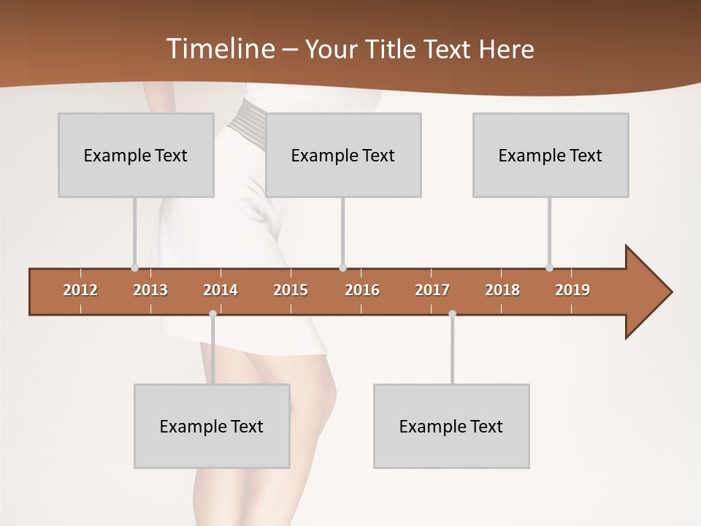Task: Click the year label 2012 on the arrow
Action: (80, 290)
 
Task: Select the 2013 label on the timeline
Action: (150, 290)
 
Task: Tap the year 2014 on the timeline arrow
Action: (221, 290)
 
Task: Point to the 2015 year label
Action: (291, 290)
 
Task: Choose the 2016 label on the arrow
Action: (362, 290)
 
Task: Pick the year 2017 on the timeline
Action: (432, 290)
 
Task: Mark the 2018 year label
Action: (502, 290)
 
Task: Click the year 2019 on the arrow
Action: (572, 290)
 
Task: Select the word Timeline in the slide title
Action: (220, 49)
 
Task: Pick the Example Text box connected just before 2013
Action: (136, 155)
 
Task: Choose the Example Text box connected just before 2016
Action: (343, 155)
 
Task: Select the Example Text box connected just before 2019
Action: (551, 155)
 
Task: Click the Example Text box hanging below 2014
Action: (212, 426)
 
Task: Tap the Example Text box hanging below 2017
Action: (451, 426)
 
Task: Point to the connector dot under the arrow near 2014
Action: (212, 314)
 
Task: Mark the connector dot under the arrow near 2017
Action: (452, 314)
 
